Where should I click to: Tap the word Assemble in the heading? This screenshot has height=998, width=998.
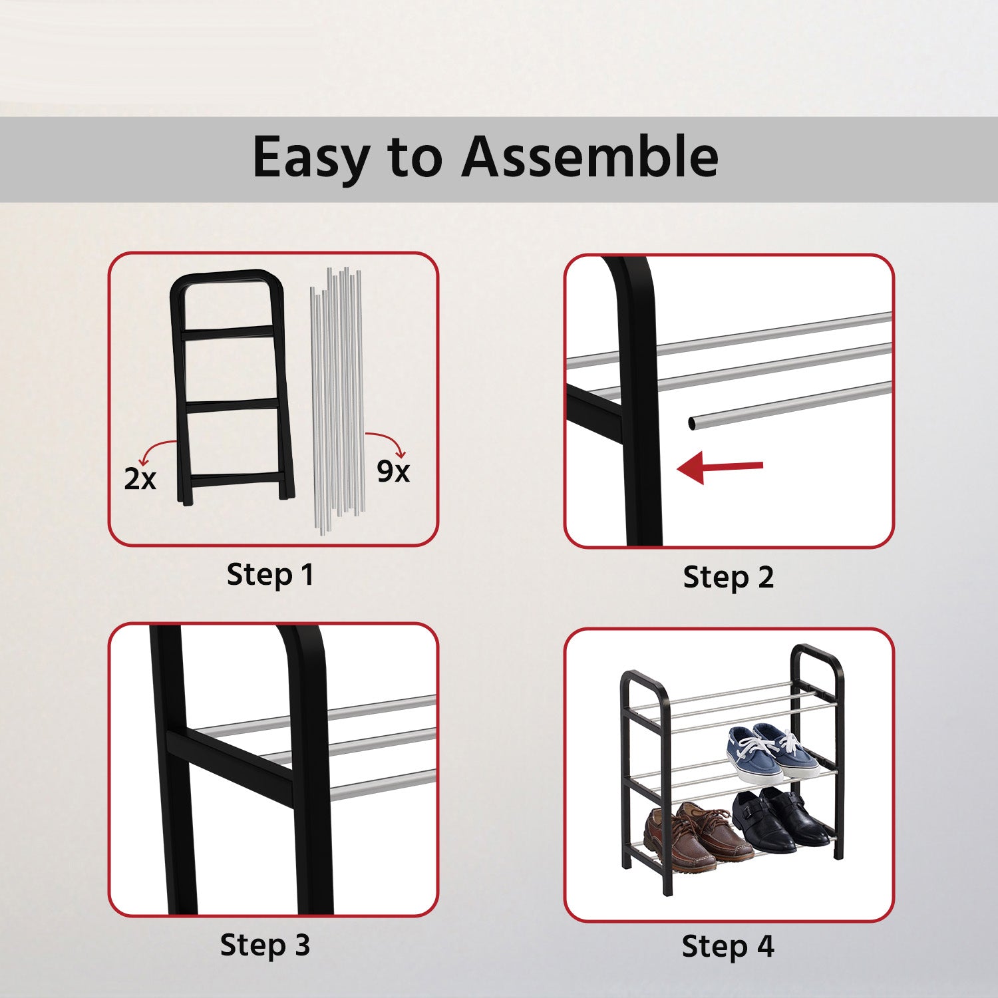pos(589,157)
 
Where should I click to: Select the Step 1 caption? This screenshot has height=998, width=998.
pos(269,575)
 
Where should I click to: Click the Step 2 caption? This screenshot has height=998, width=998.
pos(729,578)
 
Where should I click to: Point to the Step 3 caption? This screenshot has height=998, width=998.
pos(265,945)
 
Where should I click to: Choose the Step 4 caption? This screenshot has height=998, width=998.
pos(728,946)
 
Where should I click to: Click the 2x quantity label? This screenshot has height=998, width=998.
pos(140,478)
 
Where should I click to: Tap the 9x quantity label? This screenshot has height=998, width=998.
pos(393,471)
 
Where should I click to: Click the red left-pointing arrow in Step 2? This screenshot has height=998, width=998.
pos(720,467)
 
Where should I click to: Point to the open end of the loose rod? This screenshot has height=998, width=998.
pos(693,422)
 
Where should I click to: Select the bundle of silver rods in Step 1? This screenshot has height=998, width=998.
pos(337,399)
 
